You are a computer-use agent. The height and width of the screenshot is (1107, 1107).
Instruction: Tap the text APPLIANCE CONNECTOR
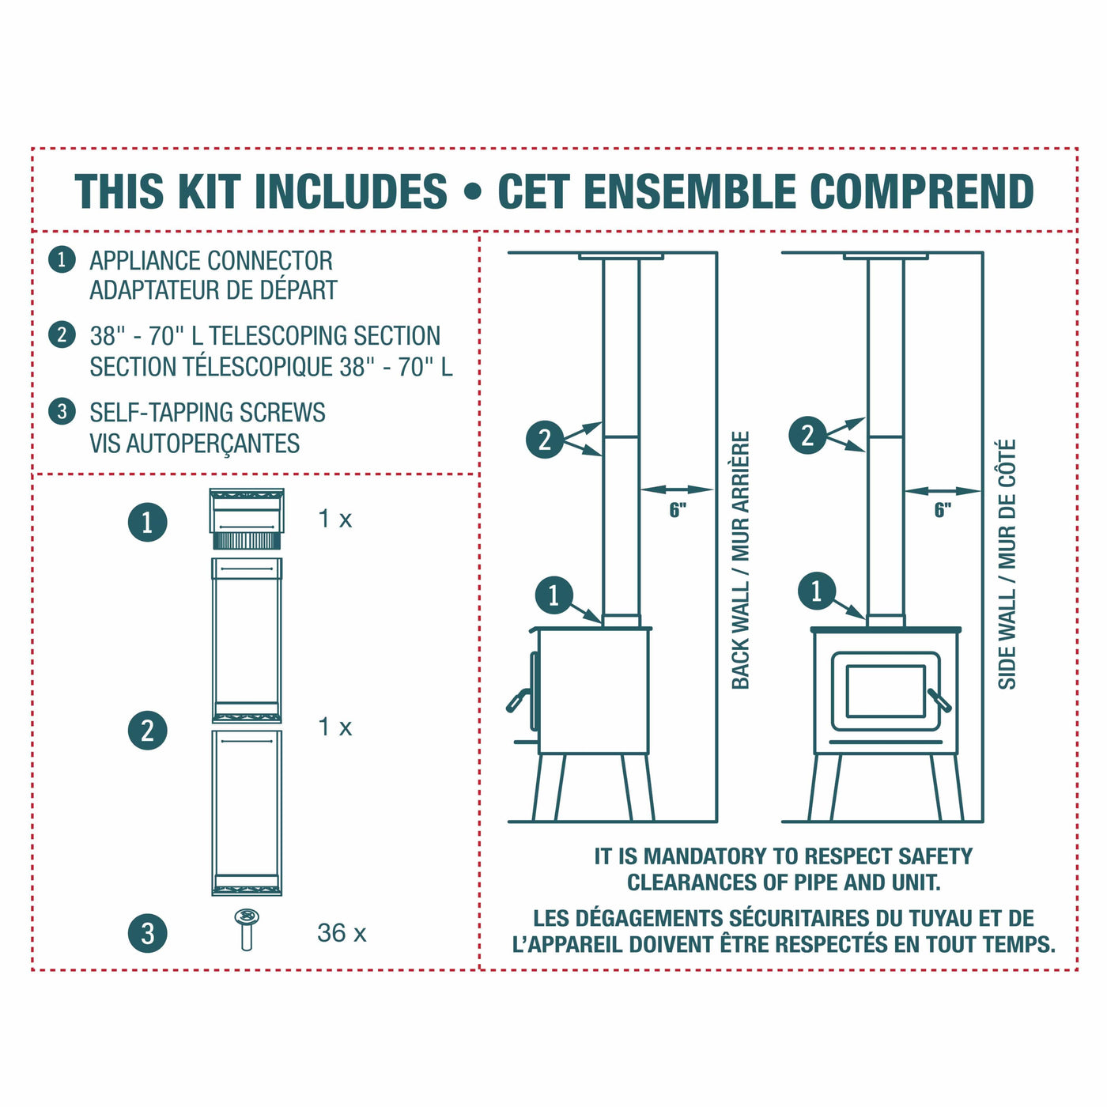(x=210, y=261)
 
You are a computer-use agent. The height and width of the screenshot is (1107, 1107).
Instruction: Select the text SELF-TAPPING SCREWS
(x=207, y=413)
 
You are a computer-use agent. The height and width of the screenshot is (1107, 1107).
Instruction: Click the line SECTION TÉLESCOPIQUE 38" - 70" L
(x=270, y=367)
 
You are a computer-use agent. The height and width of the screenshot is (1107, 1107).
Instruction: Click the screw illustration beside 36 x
(x=247, y=929)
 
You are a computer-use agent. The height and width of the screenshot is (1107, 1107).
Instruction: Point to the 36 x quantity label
(x=342, y=933)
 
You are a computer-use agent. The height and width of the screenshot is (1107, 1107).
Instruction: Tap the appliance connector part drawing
(x=247, y=519)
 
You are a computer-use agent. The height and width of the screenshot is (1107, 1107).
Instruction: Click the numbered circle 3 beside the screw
(x=148, y=933)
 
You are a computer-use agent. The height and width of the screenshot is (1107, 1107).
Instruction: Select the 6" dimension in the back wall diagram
(x=678, y=510)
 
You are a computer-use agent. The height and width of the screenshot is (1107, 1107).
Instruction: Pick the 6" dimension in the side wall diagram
(x=943, y=510)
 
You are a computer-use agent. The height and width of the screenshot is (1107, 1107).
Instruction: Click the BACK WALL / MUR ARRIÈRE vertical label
(x=740, y=560)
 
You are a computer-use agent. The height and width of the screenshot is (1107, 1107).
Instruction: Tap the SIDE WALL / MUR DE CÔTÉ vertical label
(x=1007, y=565)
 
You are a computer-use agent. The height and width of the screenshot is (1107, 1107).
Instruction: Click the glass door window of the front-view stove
(x=886, y=691)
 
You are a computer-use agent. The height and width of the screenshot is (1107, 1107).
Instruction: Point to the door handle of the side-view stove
(x=519, y=700)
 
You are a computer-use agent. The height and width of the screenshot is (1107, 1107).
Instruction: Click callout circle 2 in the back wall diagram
(x=545, y=440)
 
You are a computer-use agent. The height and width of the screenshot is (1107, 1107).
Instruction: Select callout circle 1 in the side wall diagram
(x=817, y=591)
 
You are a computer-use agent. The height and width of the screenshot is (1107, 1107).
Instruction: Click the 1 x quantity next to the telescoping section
(x=334, y=727)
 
